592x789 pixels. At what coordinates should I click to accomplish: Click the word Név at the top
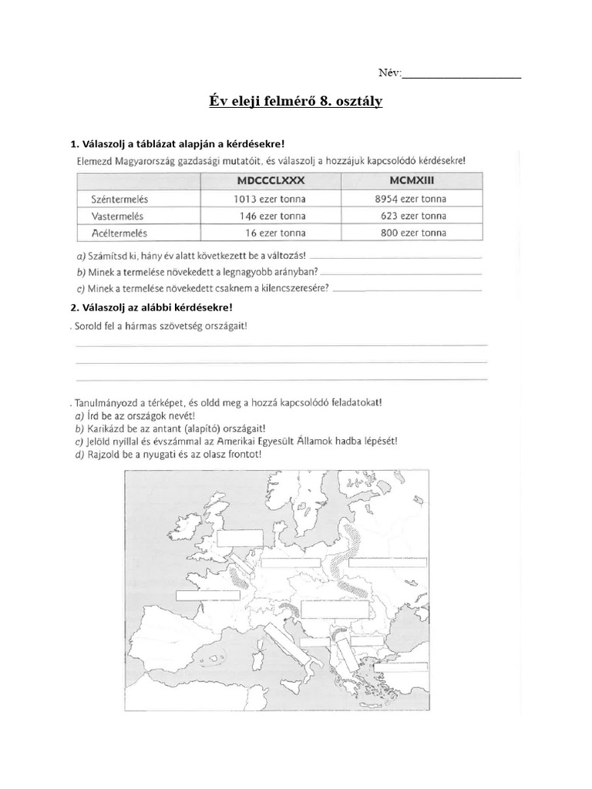(389, 73)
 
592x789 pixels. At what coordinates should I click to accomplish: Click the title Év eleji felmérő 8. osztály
(296, 102)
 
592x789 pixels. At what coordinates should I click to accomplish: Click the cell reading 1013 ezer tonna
(269, 199)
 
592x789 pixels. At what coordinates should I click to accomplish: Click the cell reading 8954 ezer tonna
(413, 199)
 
